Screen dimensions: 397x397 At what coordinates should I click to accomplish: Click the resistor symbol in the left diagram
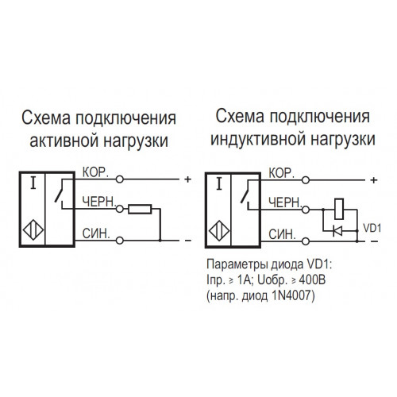(x=140, y=209)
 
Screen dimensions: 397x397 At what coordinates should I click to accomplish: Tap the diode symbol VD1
(x=337, y=231)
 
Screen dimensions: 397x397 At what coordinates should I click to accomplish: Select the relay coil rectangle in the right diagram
(x=339, y=209)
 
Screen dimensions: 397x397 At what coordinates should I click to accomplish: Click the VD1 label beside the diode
(x=372, y=228)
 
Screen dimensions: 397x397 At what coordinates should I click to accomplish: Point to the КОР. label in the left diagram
(x=95, y=172)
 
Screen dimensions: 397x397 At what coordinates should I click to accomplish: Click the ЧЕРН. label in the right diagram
(x=285, y=202)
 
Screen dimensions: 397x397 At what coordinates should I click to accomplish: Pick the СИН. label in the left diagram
(x=96, y=233)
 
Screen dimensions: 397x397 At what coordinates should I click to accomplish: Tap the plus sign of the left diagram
(x=188, y=179)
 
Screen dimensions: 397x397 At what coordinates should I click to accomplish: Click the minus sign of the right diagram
(x=375, y=241)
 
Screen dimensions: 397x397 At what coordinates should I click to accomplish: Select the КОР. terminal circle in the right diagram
(x=306, y=180)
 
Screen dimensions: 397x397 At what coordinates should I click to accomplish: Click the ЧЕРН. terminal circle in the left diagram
(x=120, y=209)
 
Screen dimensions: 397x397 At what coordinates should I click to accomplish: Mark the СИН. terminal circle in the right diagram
(x=306, y=241)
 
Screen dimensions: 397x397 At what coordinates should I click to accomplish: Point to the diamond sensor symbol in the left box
(x=33, y=230)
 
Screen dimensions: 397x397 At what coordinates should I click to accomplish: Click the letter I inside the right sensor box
(x=219, y=184)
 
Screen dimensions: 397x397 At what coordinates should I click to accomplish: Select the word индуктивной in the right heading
(x=256, y=139)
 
